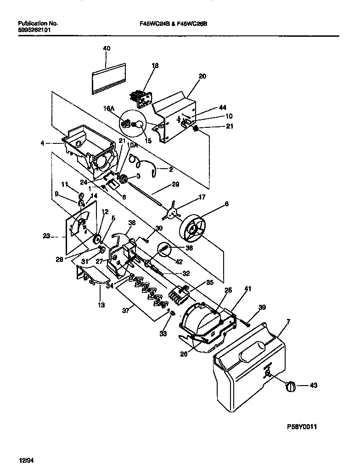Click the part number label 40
click(x=107, y=48)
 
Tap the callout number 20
click(x=202, y=76)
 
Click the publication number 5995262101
click(x=34, y=29)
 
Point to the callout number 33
click(x=163, y=334)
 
